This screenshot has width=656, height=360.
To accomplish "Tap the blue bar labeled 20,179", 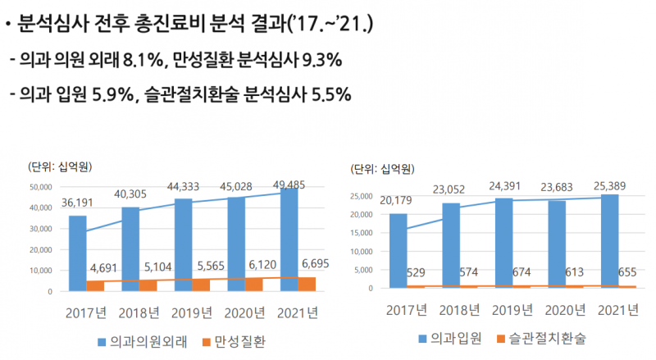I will tap(399, 250).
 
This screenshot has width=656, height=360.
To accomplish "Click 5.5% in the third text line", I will tap(327, 96).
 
